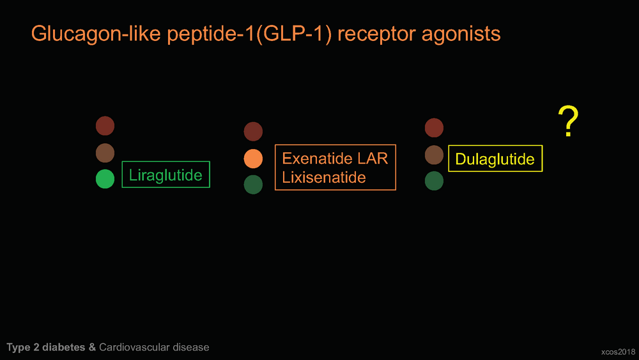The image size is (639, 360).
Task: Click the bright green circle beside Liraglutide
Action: coord(105,179)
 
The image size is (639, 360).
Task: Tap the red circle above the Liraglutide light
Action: coord(105,125)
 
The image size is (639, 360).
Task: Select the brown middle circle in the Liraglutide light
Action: coord(105,153)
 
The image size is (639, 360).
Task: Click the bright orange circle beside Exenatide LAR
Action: coord(253,159)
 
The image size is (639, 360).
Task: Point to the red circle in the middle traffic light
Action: coord(253,131)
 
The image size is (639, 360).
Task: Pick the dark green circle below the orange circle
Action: coord(253,185)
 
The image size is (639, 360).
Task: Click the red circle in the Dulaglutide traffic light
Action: coord(434,128)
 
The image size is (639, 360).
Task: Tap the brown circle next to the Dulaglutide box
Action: coord(434,155)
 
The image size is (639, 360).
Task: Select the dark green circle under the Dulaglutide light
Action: coord(434,180)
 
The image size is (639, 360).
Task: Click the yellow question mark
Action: coord(569,121)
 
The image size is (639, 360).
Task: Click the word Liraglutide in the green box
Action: coord(166,175)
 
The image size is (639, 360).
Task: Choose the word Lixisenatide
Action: coord(324,177)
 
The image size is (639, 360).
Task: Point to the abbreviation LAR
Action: coord(373,158)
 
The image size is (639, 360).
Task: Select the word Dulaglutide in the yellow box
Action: coord(495,159)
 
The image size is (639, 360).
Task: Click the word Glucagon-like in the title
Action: coord(96,34)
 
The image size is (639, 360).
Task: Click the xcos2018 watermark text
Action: coord(618,352)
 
